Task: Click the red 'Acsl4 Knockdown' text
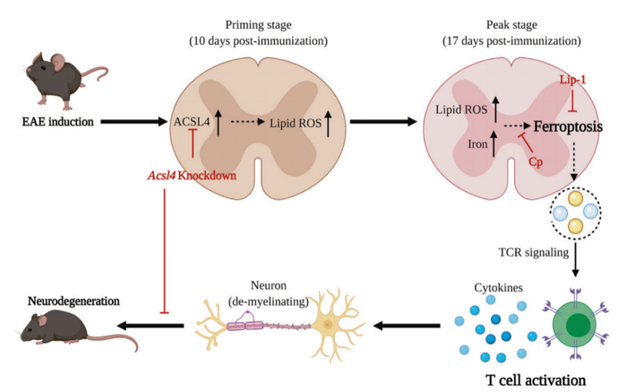[194, 175]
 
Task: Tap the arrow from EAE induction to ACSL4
[135, 120]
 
